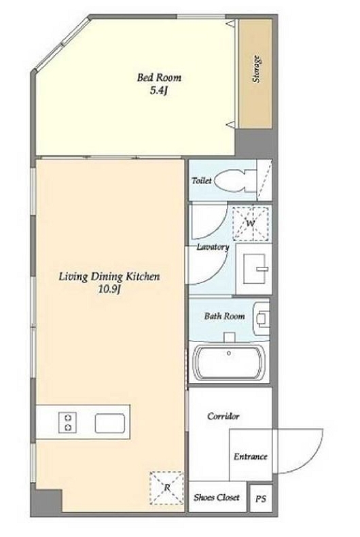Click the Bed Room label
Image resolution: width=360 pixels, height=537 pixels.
[159, 77]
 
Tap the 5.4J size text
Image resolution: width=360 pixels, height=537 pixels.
[158, 91]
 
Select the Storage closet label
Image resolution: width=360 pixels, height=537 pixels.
[256, 69]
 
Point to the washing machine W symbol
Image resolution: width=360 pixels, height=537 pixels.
[251, 223]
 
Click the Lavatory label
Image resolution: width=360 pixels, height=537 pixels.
[213, 247]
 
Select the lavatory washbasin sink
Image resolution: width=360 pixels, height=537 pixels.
[254, 270]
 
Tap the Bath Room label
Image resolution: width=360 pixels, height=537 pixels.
[224, 316]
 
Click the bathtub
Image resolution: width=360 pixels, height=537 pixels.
[228, 362]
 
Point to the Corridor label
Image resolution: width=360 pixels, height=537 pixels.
[223, 416]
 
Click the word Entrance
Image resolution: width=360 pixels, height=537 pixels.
[251, 456]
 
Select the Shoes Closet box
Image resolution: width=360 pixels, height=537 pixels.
[217, 496]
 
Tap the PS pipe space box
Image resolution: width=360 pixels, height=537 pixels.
[261, 498]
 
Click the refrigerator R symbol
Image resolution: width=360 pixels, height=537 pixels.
[167, 487]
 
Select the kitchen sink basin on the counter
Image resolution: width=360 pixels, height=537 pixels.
[109, 424]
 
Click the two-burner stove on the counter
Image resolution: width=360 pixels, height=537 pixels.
[67, 423]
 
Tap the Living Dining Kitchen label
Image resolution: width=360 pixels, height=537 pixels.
[109, 276]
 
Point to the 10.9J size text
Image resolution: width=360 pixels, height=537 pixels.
[109, 290]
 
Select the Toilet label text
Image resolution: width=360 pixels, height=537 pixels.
[202, 181]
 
